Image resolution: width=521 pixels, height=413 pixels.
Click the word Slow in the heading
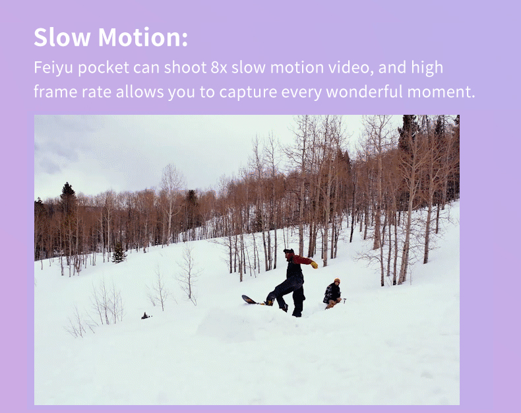(62, 37)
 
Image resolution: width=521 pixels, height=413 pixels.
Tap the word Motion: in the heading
(143, 37)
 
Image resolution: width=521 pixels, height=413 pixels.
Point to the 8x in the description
(219, 67)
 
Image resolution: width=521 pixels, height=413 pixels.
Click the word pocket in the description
(104, 68)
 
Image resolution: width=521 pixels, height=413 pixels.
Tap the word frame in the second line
(55, 92)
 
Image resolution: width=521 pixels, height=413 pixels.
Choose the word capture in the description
(248, 92)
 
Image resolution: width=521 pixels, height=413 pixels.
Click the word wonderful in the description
(364, 92)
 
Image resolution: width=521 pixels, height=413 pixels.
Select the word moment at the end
(439, 92)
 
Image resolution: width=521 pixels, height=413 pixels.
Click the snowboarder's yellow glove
(314, 265)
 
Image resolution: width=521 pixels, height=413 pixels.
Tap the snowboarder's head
(289, 253)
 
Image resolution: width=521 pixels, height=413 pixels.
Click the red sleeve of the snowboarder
(301, 260)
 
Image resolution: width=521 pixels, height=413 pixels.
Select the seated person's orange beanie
(337, 280)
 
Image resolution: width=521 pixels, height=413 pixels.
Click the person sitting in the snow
(332, 294)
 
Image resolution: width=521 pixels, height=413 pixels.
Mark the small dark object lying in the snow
(146, 316)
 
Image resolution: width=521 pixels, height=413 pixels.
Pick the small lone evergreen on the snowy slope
(119, 253)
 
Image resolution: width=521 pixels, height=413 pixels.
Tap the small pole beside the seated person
(344, 302)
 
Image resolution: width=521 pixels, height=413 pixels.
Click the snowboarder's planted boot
(297, 313)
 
